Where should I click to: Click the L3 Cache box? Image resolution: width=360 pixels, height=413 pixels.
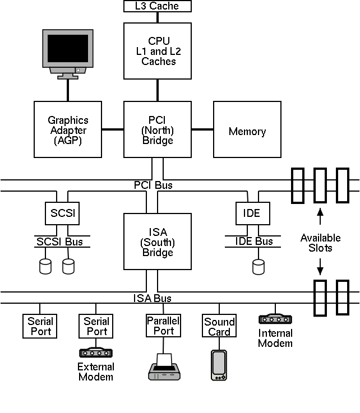[x=158, y=6]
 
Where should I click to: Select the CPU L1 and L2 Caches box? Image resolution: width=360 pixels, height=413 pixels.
[x=158, y=51]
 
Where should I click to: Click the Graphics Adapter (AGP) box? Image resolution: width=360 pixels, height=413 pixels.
[x=68, y=129]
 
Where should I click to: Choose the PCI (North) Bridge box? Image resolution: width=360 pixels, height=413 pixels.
[x=158, y=129]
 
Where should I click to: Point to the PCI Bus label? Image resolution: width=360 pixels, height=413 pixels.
[x=153, y=185]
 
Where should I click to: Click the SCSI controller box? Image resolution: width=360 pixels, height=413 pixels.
[x=62, y=214]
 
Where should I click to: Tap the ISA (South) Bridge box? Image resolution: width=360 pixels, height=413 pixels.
[x=158, y=242]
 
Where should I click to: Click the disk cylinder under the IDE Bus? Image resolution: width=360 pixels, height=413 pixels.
[x=259, y=266]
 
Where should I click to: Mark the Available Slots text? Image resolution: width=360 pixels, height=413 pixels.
[x=320, y=243]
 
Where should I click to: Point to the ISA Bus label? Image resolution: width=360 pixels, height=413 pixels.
[x=153, y=298]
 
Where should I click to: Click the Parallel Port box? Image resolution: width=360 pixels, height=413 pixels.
[x=163, y=326]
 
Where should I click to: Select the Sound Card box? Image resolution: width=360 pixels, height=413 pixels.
[x=219, y=327]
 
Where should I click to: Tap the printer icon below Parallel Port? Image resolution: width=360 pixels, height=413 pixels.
[x=164, y=368]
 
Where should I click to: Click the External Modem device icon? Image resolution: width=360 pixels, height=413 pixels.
[x=95, y=352]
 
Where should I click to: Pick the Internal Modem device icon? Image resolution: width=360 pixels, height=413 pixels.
[x=275, y=319]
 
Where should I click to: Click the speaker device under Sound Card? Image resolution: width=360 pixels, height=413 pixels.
[x=219, y=365]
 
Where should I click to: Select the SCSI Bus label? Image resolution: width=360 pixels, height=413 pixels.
[x=59, y=241]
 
